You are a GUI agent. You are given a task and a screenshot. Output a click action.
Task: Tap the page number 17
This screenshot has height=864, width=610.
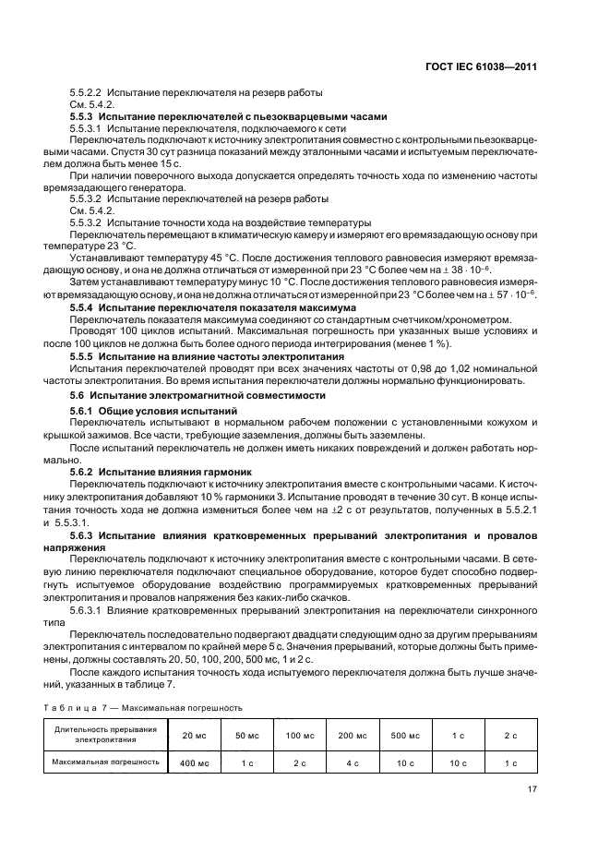(x=532, y=788)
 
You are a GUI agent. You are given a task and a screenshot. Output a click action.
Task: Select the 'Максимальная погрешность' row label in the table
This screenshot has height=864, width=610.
(x=105, y=762)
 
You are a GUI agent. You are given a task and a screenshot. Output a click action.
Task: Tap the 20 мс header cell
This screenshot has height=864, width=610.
(x=194, y=735)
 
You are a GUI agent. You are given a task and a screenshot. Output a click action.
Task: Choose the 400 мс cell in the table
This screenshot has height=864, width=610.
(x=194, y=762)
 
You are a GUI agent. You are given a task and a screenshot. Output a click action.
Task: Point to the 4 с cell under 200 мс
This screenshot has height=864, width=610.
(x=353, y=762)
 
